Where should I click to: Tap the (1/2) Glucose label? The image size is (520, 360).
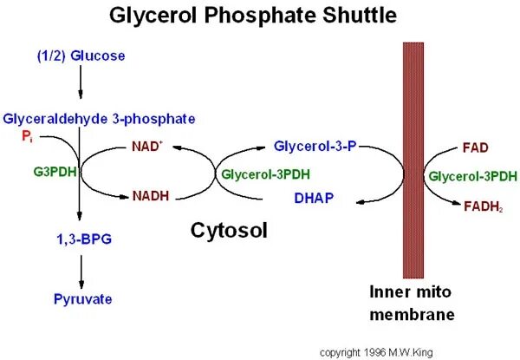coord(81,56)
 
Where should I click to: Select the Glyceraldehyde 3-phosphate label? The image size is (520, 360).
coord(100,118)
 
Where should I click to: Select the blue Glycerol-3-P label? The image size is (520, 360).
coord(315,147)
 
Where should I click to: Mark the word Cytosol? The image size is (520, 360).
coord(229,231)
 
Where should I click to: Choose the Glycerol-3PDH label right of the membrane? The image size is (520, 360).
coord(468,175)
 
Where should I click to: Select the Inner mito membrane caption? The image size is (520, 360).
coord(413,303)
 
